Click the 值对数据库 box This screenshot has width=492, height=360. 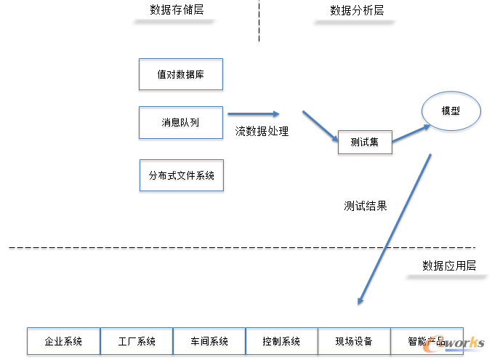180,74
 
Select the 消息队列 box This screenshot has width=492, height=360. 180,122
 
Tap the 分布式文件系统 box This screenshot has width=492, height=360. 181,175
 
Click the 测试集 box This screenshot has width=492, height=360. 364,143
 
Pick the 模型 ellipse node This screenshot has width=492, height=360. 451,111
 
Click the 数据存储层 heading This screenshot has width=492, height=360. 176,10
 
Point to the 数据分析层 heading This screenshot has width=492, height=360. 356,10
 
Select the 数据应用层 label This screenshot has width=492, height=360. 448,265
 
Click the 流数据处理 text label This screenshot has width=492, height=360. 262,132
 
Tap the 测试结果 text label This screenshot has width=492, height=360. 365,206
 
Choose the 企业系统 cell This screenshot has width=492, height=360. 63,341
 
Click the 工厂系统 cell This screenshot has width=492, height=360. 137,341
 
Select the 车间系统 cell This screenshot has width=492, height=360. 209,341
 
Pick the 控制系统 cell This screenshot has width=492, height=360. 282,341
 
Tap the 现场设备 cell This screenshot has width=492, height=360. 354,341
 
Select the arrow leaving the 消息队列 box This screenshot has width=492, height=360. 253,113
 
